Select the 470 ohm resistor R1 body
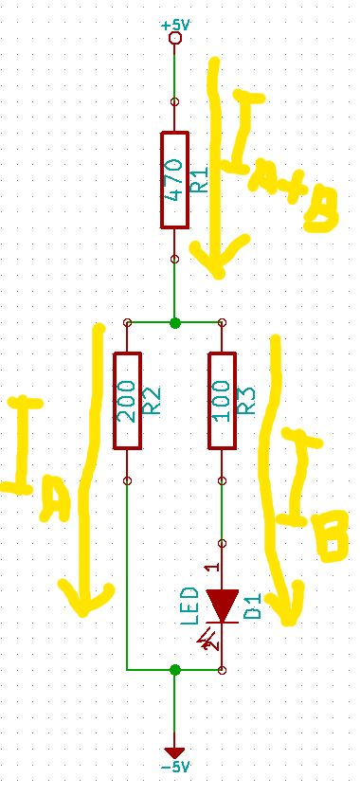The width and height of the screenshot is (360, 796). click(x=174, y=180)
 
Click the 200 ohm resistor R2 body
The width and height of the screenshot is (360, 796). click(x=127, y=400)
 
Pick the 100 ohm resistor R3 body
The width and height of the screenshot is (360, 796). click(x=222, y=400)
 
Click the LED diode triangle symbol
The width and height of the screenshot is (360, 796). click(x=222, y=605)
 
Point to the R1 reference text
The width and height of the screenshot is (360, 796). click(x=200, y=181)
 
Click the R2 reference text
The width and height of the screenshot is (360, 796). click(x=153, y=402)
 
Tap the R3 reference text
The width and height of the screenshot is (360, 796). click(x=246, y=402)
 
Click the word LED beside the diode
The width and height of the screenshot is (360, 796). click(x=189, y=605)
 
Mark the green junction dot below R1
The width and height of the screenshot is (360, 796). click(x=174, y=323)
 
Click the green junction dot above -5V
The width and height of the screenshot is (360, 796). click(x=174, y=670)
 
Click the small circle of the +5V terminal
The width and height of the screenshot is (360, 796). click(x=174, y=39)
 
